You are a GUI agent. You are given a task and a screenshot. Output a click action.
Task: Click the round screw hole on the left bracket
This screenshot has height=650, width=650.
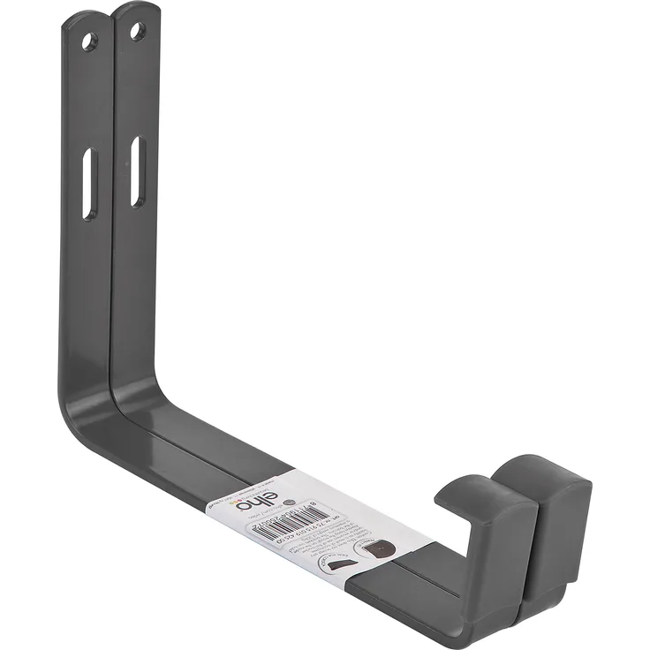[x=89, y=41]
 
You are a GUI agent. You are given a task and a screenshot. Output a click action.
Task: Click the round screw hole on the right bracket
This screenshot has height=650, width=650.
[x=137, y=32]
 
